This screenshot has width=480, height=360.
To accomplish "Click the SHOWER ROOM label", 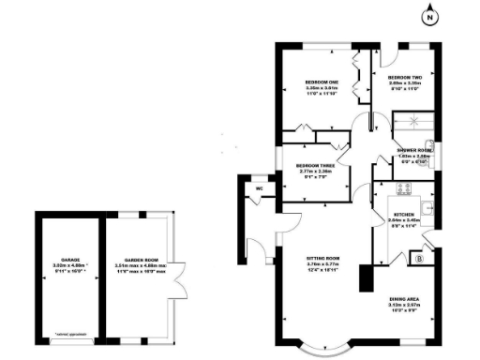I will [412, 150].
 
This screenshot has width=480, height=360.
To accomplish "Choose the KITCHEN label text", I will [403, 215].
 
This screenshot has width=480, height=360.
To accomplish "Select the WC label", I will [259, 188].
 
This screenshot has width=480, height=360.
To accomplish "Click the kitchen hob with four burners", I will [405, 188].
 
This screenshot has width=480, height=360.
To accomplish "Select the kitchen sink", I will [427, 208].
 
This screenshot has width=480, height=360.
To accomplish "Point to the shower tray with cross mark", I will [410, 121].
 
